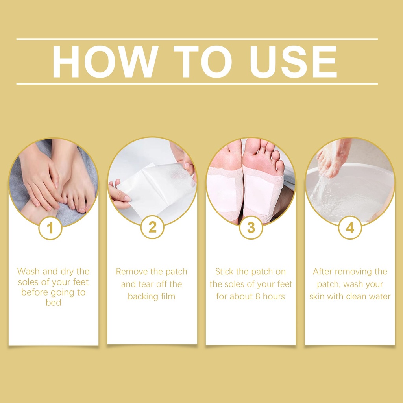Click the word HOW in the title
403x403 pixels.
pos(105,62)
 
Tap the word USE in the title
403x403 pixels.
pos(293,62)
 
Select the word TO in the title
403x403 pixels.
pos(203,62)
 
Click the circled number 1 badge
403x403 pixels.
pos(50,228)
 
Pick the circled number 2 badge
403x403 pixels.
pos(152,227)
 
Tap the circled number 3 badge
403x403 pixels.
pos(251,228)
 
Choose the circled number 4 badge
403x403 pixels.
pos(350,228)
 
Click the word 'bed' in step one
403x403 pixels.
pos(54,303)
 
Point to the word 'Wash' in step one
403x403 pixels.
pos(28,272)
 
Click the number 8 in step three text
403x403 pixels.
pos(258,297)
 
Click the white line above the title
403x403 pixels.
pos(197,39)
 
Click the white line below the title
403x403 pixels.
pos(197,84)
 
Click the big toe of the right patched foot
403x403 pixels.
pos(252,146)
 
